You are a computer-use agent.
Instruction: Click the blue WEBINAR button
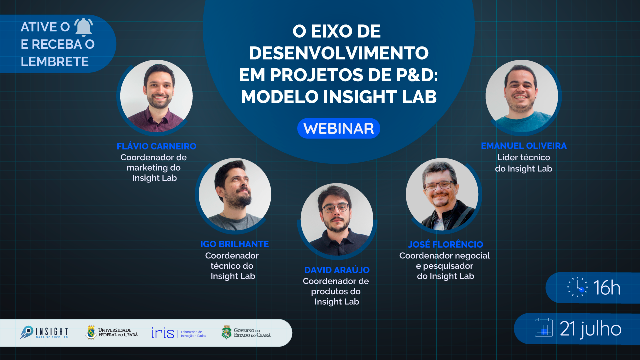(339, 128)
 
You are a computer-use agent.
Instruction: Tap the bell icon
(83, 27)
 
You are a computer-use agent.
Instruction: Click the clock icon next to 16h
(577, 287)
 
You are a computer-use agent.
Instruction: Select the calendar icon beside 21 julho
(544, 327)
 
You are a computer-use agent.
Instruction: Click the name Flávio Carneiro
(156, 146)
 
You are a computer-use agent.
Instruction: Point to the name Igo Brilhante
(235, 244)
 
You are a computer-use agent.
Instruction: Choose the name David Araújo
(337, 270)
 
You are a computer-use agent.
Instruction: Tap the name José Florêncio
(445, 244)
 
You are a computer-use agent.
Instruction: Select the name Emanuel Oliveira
(524, 146)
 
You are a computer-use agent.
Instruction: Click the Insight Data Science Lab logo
(44, 333)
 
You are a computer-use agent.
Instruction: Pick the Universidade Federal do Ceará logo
(112, 332)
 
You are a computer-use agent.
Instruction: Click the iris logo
(179, 333)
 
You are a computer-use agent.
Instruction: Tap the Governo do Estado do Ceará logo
(246, 332)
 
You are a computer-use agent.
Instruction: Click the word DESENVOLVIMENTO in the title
(339, 53)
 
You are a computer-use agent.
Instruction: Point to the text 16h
(607, 287)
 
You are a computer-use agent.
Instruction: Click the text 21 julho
(591, 329)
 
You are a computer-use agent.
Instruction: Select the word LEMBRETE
(55, 61)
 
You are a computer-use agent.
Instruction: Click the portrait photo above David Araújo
(337, 219)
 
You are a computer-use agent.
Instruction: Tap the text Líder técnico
(523, 157)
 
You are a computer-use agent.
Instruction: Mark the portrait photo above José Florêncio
(442, 194)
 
